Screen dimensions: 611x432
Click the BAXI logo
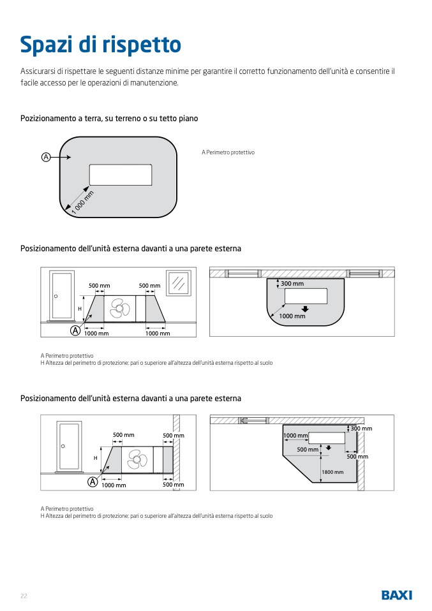396,595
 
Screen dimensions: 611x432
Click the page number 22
24,596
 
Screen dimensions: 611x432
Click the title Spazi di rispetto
101,45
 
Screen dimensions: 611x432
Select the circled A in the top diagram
46,156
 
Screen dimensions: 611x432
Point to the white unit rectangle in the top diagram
120,175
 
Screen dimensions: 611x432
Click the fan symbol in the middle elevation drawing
120,309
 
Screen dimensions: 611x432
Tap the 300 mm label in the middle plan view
292,283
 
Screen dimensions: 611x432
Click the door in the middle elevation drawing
63,295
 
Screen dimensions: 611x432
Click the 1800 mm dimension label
332,472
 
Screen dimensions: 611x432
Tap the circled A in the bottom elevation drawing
93,482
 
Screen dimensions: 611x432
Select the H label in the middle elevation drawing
80,309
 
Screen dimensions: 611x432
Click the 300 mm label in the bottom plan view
361,429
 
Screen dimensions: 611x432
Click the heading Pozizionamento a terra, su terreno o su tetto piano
109,119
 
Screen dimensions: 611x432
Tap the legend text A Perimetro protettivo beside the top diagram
228,152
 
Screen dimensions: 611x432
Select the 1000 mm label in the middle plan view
292,316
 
